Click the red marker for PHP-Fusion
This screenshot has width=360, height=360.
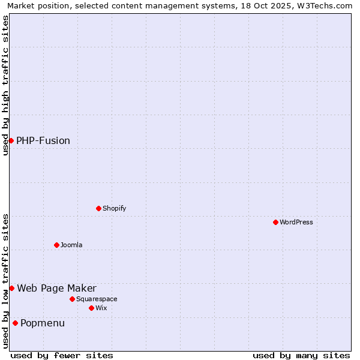pos(11,140)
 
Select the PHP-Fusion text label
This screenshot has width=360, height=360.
pos(43,141)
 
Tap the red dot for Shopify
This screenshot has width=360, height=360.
pos(98,208)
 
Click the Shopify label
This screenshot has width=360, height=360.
pos(114,209)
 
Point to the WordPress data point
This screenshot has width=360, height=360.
pos(275,222)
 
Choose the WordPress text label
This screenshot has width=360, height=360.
pos(296,223)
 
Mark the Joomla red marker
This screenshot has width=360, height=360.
pos(56,245)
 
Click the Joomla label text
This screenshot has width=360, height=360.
pos(71,245)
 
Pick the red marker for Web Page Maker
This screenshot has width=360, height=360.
pos(11,288)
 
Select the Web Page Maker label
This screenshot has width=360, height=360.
pos(56,289)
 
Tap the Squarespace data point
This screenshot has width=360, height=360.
pos(72,299)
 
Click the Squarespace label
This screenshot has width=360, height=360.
pos(97,299)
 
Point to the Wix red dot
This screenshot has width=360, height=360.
pos(91,308)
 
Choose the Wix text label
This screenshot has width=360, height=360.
pos(101,308)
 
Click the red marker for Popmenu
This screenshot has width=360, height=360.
pos(15,323)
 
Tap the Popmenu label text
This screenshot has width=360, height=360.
pos(43,323)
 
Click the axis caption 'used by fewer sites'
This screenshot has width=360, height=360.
pos(62,355)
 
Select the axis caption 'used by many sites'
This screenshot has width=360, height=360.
pos(301,355)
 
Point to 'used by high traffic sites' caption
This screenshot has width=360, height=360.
pos(5,85)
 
